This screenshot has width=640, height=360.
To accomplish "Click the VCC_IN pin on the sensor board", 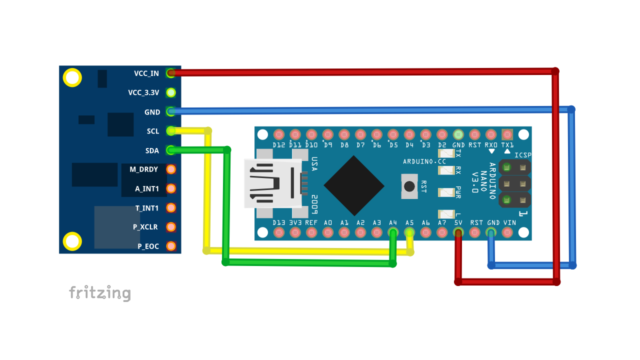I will pyautogui.click(x=171, y=73).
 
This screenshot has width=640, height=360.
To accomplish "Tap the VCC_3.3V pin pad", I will pyautogui.click(x=171, y=92).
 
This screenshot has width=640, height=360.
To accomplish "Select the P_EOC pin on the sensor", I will pyautogui.click(x=171, y=246).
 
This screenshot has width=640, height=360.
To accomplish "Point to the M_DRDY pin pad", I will pyautogui.click(x=171, y=169).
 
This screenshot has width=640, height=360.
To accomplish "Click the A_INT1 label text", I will pyautogui.click(x=147, y=189).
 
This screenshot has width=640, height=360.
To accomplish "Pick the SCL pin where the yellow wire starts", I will pyautogui.click(x=171, y=131).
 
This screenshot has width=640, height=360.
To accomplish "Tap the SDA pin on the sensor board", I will pyautogui.click(x=171, y=150).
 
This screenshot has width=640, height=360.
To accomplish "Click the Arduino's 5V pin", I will pyautogui.click(x=458, y=232).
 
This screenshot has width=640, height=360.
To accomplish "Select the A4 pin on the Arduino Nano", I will pyautogui.click(x=393, y=232).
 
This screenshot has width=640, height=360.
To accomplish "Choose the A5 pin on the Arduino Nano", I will pyautogui.click(x=409, y=232).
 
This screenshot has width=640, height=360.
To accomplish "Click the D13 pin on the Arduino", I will pyautogui.click(x=279, y=232).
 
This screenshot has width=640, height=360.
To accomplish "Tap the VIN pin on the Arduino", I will pyautogui.click(x=507, y=232).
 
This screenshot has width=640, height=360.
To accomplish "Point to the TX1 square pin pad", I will pyautogui.click(x=507, y=134).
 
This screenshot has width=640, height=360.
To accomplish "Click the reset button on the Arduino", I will pyautogui.click(x=409, y=186).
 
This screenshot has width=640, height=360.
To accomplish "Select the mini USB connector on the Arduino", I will pyautogui.click(x=272, y=183).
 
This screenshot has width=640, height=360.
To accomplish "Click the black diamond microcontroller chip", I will pyautogui.click(x=354, y=185).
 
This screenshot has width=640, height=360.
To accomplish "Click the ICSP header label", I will pyautogui.click(x=523, y=155).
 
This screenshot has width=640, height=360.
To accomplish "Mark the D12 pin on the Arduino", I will pyautogui.click(x=279, y=134).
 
